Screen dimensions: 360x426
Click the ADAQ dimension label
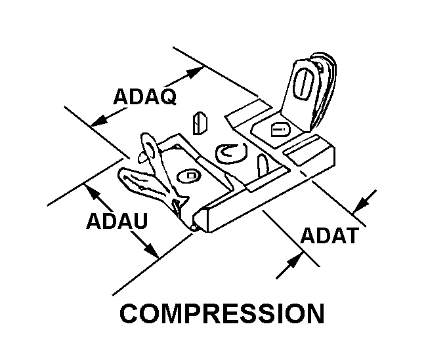pyautogui.click(x=144, y=97)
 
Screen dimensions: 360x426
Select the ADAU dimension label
pyautogui.click(x=117, y=220)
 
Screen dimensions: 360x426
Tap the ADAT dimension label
pyautogui.click(x=329, y=235)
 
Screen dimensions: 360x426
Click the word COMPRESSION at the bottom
pyautogui.click(x=222, y=313)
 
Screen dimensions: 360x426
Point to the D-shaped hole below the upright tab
pyautogui.click(x=278, y=130)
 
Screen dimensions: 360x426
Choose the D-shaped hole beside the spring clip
pyautogui.click(x=191, y=176)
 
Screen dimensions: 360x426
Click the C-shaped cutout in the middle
pyautogui.click(x=230, y=152)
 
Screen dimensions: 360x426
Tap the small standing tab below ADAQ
pyautogui.click(x=200, y=123)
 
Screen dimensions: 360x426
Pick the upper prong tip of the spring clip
pyautogui.click(x=146, y=140)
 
